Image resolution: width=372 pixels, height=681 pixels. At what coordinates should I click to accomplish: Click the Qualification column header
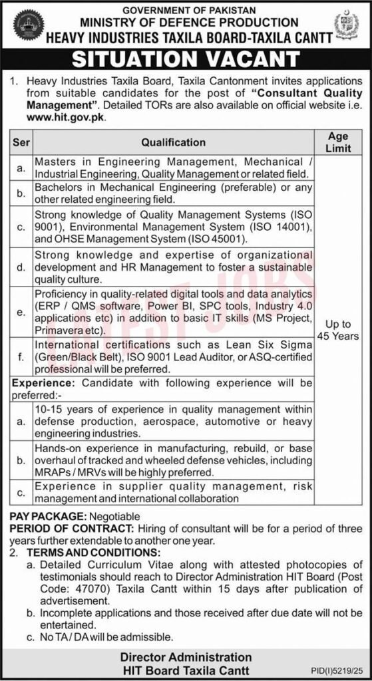173,142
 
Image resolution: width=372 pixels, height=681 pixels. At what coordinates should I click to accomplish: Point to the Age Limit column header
339,142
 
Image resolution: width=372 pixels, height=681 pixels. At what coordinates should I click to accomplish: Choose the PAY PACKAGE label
46,516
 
